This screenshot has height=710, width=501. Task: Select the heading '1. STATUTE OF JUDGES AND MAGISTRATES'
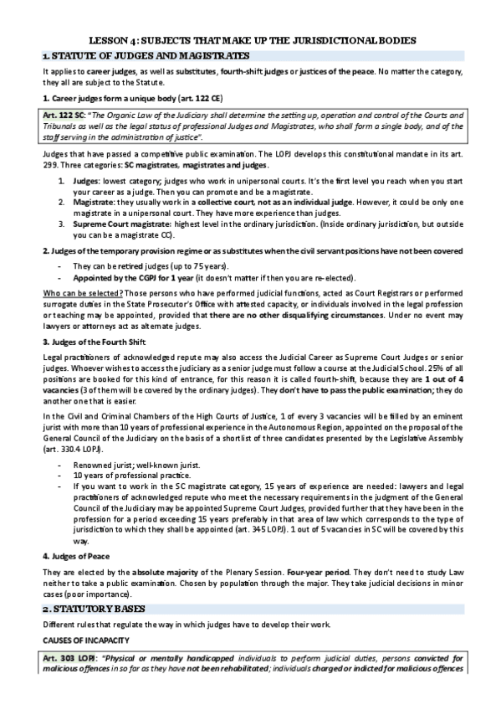point(146,55)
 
